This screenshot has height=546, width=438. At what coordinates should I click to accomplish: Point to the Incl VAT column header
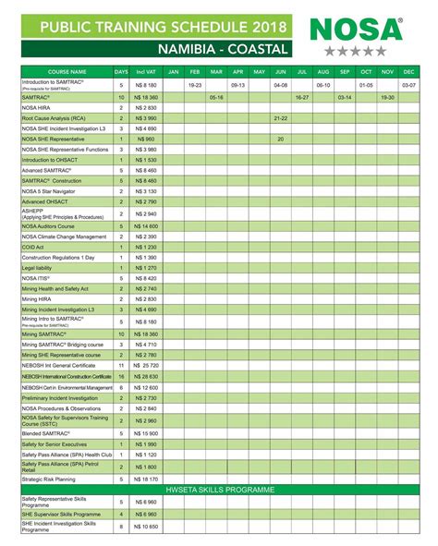(x=145, y=71)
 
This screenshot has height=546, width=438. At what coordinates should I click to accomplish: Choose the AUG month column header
(x=322, y=71)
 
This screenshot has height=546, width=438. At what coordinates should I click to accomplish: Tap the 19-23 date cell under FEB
(x=194, y=84)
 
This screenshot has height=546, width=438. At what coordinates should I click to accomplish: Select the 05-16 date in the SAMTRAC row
(x=216, y=96)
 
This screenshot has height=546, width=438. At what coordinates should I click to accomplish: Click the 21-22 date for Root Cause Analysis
(x=280, y=118)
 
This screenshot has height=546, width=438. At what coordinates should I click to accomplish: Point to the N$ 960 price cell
(x=146, y=139)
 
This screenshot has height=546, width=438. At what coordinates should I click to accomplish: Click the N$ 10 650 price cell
(x=146, y=526)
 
